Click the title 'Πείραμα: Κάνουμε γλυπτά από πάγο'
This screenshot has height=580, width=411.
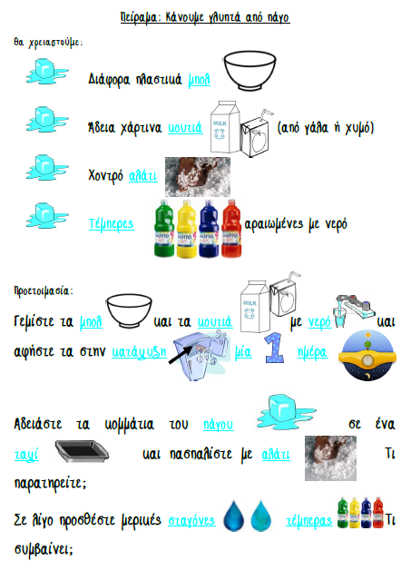coord(205,17)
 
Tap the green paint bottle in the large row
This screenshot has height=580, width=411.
coord(164,228)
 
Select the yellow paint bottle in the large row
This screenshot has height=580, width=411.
coord(187,229)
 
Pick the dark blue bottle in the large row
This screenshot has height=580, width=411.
coord(209,229)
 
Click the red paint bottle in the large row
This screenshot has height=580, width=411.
coord(231,228)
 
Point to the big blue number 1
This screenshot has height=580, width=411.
coord(274,348)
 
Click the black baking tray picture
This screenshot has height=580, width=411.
coord(82,451)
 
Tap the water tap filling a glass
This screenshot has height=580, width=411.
coord(355,310)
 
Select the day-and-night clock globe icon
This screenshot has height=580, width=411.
coord(367,356)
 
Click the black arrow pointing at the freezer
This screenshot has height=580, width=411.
coord(181,355)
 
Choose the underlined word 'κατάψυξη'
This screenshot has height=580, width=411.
coord(140,352)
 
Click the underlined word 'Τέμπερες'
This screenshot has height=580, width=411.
coord(112,224)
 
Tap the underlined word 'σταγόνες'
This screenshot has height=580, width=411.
coord(191,520)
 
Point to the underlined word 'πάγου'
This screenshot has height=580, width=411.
coord(219,425)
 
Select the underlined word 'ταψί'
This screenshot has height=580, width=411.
coord(26,455)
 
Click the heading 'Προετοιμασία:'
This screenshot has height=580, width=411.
coord(44,290)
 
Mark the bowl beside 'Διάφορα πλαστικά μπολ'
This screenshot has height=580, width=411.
coord(250,71)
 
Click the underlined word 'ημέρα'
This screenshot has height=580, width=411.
coord(313,352)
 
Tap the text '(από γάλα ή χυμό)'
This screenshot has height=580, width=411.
coord(326,128)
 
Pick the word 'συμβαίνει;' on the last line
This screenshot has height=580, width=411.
coord(44,549)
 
